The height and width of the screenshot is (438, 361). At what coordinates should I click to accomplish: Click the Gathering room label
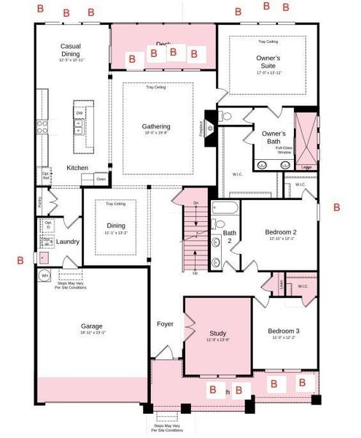pos(156,127)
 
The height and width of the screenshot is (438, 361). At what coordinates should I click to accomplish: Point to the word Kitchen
pos(77,168)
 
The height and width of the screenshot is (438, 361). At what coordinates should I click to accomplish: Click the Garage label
pos(92,326)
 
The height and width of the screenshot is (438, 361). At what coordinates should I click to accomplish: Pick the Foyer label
pos(165,323)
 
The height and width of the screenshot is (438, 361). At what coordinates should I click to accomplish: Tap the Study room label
pos(217,332)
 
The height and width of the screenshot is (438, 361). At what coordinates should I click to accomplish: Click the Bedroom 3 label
pos(283,331)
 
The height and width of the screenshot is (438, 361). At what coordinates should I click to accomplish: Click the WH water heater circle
pos(44,276)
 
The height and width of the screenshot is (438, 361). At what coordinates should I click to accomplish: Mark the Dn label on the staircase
pos(195,203)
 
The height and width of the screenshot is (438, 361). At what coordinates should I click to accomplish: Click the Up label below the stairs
pos(195,273)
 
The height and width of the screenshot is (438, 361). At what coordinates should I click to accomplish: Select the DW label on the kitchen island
pos(78,113)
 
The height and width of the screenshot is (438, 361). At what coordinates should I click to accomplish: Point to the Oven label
pos(101,179)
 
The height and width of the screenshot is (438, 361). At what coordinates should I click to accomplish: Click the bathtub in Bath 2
pos(224,209)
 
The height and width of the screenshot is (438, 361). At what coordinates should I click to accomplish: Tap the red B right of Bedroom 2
pos(336,207)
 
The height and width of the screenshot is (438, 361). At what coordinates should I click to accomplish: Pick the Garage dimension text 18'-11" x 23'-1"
pos(92,333)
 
